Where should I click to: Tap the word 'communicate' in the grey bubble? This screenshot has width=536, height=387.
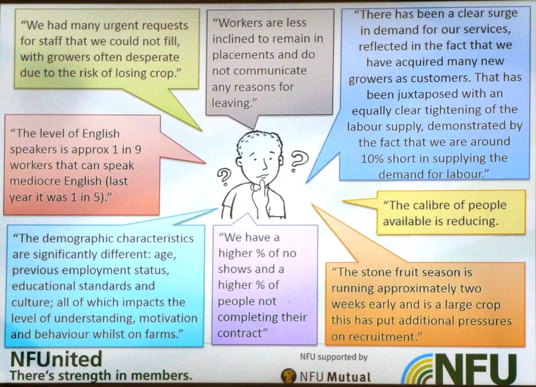pyautogui.click(x=259, y=70)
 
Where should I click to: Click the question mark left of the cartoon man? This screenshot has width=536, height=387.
pyautogui.click(x=224, y=177)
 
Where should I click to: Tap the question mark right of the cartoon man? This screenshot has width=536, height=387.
pyautogui.click(x=298, y=161)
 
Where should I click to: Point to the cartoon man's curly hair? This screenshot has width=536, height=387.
pyautogui.click(x=260, y=141)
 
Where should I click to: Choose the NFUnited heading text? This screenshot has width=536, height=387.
pyautogui.click(x=56, y=359)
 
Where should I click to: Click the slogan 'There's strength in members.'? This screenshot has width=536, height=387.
pyautogui.click(x=101, y=376)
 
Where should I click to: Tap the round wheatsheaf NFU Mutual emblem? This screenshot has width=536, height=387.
pyautogui.click(x=289, y=376)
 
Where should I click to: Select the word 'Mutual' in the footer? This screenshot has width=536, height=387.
pyautogui.click(x=349, y=377)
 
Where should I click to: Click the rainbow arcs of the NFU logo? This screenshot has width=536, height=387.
pyautogui.click(x=417, y=370)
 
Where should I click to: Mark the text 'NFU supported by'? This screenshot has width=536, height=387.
pyautogui.click(x=334, y=357)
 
